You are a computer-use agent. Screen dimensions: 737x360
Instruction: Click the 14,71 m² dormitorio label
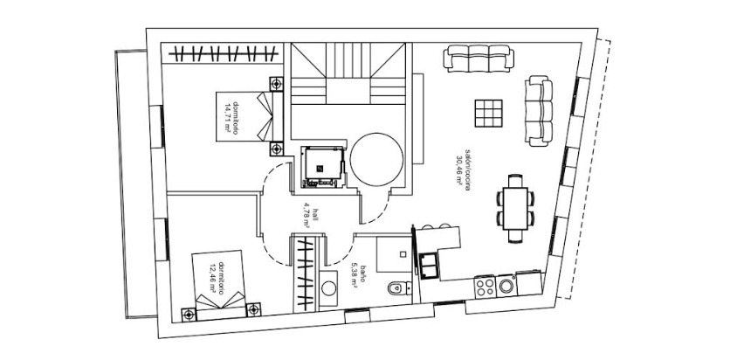pyautogui.click(x=231, y=119)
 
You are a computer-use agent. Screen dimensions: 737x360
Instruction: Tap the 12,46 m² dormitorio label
pyautogui.click(x=217, y=278)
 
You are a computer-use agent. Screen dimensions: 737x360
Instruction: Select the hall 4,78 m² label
pyautogui.click(x=307, y=215)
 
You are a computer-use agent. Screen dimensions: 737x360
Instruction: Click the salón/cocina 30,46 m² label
pyautogui.click(x=464, y=167)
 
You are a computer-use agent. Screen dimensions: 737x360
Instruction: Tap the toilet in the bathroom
pyautogui.click(x=398, y=287)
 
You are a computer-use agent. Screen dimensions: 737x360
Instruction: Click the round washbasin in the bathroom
pyautogui.click(x=328, y=288)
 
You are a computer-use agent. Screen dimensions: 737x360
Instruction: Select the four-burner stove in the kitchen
pyautogui.click(x=485, y=287)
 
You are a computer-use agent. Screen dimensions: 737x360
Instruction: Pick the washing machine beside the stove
pyautogui.click(x=506, y=286)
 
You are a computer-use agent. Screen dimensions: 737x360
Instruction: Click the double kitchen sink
pyautogui.click(x=429, y=265)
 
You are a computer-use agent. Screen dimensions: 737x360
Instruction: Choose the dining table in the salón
pyautogui.click(x=515, y=208)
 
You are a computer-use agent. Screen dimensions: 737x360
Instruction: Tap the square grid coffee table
pyautogui.click(x=488, y=114)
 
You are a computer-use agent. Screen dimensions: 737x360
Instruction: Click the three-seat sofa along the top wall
pyautogui.click(x=479, y=59)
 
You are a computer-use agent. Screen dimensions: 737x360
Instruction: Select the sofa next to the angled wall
pyautogui.click(x=539, y=111)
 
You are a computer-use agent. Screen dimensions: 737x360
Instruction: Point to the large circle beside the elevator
pyautogui.click(x=376, y=160)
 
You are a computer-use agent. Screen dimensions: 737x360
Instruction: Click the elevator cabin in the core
pyautogui.click(x=323, y=166)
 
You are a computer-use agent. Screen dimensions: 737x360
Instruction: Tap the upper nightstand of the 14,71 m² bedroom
pyautogui.click(x=276, y=84)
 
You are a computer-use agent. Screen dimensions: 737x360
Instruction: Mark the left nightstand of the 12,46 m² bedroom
pyautogui.click(x=189, y=314)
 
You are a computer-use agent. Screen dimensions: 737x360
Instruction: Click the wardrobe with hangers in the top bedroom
pyautogui.click(x=223, y=53)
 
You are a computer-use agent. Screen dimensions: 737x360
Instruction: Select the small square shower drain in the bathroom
pyautogui.click(x=403, y=254)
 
